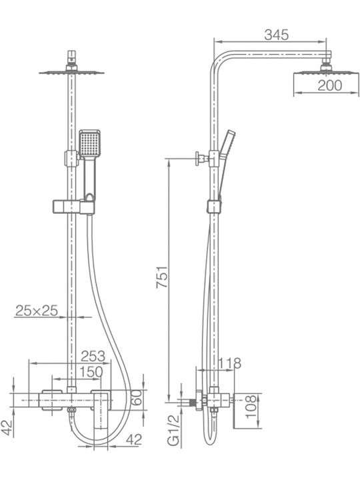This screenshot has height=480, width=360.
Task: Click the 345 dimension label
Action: (x=277, y=35)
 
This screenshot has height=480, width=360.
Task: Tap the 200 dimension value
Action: (x=330, y=85)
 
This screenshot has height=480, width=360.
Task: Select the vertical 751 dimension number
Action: (x=162, y=277)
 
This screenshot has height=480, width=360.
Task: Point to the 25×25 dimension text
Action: (x=37, y=311)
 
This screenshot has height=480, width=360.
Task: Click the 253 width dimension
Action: (x=93, y=356)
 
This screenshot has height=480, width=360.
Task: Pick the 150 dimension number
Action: (x=91, y=372)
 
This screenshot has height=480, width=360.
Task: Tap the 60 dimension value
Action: (x=137, y=397)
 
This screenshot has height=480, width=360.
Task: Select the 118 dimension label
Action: (x=229, y=363)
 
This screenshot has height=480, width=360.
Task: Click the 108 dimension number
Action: (x=251, y=407)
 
